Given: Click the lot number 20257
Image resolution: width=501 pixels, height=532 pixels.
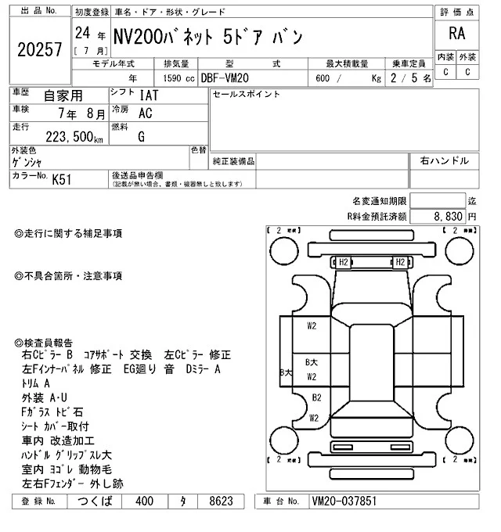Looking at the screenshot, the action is pos(38,50).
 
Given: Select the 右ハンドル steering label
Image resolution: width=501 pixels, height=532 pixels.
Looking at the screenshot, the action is pos(444,160).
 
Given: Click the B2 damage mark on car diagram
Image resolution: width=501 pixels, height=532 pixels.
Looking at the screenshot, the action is pos(316,397).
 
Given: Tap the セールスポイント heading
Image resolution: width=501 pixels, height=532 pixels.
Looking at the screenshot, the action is pos(245,95).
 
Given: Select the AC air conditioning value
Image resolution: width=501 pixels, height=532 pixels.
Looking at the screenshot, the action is pos(145,113).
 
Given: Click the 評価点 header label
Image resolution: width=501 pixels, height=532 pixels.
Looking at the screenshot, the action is pos(458,13).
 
